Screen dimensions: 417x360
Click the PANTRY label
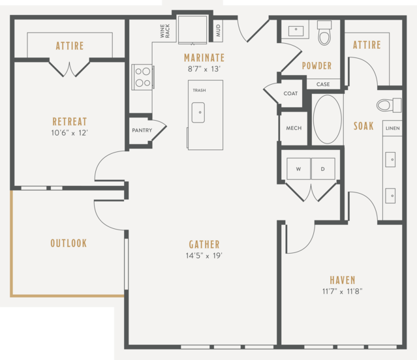[142, 130]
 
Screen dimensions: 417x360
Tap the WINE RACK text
[165, 31]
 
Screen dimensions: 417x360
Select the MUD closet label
[219, 30]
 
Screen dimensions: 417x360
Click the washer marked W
[298, 169]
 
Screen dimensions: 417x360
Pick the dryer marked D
[323, 169]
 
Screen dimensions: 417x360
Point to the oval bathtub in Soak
[328, 119]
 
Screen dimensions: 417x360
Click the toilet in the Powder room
[324, 33]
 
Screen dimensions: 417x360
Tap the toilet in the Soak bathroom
[389, 105]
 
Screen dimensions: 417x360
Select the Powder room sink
[296, 31]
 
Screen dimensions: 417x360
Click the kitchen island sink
[198, 113]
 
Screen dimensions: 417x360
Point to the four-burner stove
[143, 77]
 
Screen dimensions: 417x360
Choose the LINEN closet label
[393, 128]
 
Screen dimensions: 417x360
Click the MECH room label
[294, 128]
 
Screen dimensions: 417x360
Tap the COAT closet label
[290, 93]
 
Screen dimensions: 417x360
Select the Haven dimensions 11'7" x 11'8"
[342, 292]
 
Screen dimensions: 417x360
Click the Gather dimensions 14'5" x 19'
[204, 256]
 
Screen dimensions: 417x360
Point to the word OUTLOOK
[69, 243]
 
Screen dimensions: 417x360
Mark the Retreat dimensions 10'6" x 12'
[69, 133]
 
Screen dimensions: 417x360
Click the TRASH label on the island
[199, 91]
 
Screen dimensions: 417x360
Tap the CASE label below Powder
[323, 84]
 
